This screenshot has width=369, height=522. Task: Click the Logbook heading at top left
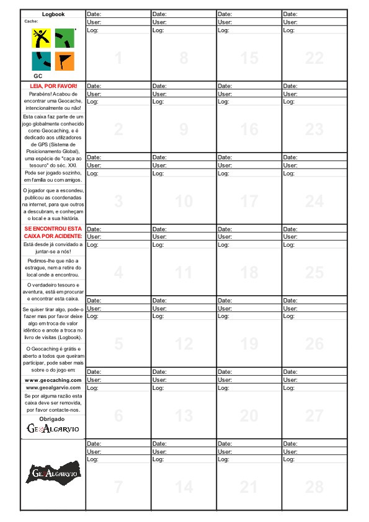53,14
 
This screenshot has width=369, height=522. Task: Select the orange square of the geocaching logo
64,61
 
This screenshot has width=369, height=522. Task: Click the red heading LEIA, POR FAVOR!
53,86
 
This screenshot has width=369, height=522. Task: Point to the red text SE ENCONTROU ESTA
53,229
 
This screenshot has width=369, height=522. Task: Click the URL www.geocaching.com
53,379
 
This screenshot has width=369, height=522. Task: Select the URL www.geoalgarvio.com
53,387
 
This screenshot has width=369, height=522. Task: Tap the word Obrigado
53,419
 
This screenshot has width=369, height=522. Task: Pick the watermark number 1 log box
118,58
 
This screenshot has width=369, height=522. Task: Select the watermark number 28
314,487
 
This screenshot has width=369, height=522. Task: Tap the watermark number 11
184,273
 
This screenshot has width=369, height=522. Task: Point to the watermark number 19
249,344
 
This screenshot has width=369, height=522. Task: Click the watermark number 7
118,487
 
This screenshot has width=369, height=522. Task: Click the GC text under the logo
38,76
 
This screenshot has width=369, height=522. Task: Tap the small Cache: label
31,21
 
